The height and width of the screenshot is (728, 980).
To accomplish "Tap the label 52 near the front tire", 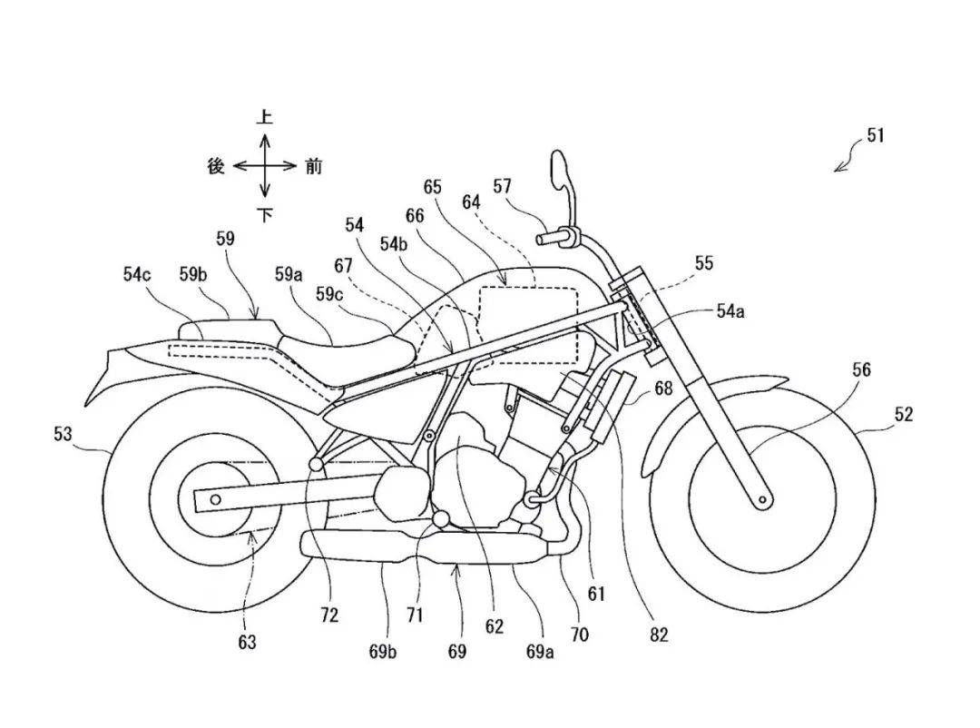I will tap(903, 415).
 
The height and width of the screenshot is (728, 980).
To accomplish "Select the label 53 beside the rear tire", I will tap(63, 435).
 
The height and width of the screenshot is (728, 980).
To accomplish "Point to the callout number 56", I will tap(860, 369).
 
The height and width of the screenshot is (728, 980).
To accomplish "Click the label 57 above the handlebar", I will tap(502, 187).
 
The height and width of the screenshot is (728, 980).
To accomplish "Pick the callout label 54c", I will tap(138, 272).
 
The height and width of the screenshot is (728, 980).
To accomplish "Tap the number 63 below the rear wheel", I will tap(247, 642).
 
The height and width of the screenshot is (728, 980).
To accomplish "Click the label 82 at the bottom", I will tap(659, 635).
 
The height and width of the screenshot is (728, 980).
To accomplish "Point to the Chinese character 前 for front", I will tap(313, 166).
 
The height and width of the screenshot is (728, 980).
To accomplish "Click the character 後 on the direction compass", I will tap(215, 166).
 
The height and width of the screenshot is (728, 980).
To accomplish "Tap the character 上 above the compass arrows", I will tap(264, 117).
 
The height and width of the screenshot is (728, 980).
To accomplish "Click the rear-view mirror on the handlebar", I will tap(559, 172).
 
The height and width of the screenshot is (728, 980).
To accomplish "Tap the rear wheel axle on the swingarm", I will tap(216, 498).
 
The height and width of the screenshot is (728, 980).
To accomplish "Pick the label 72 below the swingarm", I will tap(329, 615).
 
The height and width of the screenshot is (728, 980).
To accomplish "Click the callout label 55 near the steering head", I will tap(703, 263).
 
